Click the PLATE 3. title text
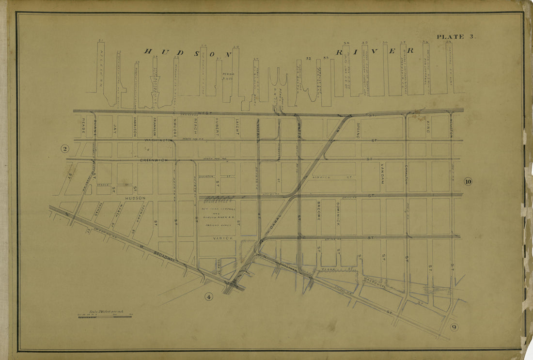[450, 37]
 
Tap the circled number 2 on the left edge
[64, 149]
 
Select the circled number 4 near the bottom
[209, 297]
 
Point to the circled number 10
[468, 182]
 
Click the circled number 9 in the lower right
[454, 327]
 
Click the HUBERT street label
[217, 126]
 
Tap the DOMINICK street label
[338, 213]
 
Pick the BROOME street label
[319, 211]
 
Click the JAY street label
[115, 128]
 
